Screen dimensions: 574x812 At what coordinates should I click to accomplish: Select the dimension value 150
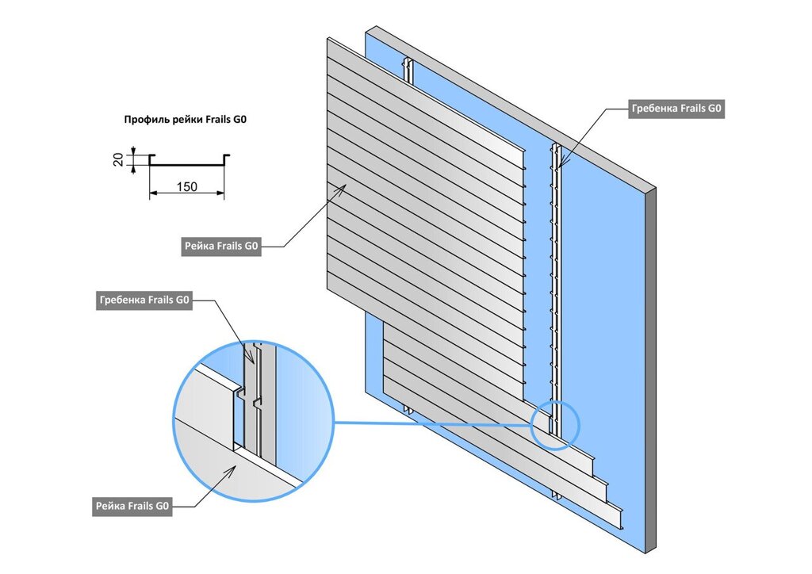187,187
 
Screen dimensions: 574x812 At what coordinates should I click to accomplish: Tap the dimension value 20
119,160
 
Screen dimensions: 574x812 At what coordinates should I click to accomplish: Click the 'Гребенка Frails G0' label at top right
676,109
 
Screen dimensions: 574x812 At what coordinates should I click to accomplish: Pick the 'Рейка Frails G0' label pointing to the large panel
221,247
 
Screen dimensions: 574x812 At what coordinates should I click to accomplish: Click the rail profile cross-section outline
187,162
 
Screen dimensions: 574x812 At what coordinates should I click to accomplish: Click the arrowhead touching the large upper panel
342,187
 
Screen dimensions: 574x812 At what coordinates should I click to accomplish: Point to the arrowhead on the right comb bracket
561,164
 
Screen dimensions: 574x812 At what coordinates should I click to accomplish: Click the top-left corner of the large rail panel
327,40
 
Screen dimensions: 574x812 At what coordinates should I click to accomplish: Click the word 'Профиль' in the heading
144,121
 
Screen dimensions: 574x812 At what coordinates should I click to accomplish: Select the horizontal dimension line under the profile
187,195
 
